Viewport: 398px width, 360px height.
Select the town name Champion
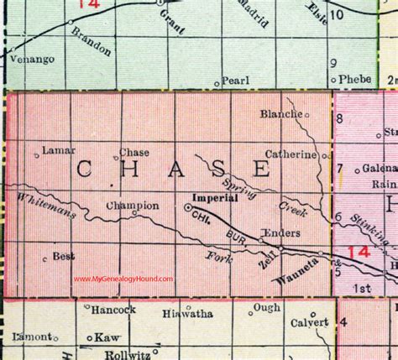pyautogui.click(x=133, y=204)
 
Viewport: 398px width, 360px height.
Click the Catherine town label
pyautogui.click(x=291, y=154)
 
